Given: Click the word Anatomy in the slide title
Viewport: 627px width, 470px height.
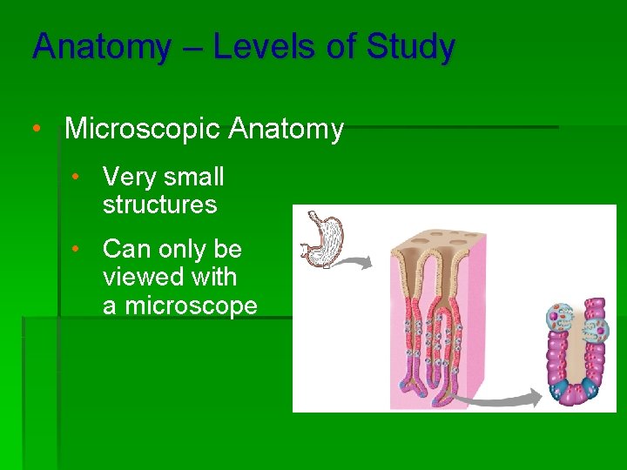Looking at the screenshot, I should point(101,47).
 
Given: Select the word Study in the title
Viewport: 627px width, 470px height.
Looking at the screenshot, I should point(410,47).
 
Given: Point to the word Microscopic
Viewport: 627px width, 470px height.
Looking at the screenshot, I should point(143,130).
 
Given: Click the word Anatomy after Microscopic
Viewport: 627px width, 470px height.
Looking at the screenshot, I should point(287,130).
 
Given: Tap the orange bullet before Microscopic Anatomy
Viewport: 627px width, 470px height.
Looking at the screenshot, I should point(37,130).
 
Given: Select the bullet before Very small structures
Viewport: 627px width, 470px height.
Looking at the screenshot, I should point(77,178).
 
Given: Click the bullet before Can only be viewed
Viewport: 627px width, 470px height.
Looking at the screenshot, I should point(77,250).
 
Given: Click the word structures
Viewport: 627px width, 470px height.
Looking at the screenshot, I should point(159,205).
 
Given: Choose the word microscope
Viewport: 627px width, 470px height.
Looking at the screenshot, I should point(191,306).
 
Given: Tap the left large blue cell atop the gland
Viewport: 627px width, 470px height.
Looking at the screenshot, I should point(559,318).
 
